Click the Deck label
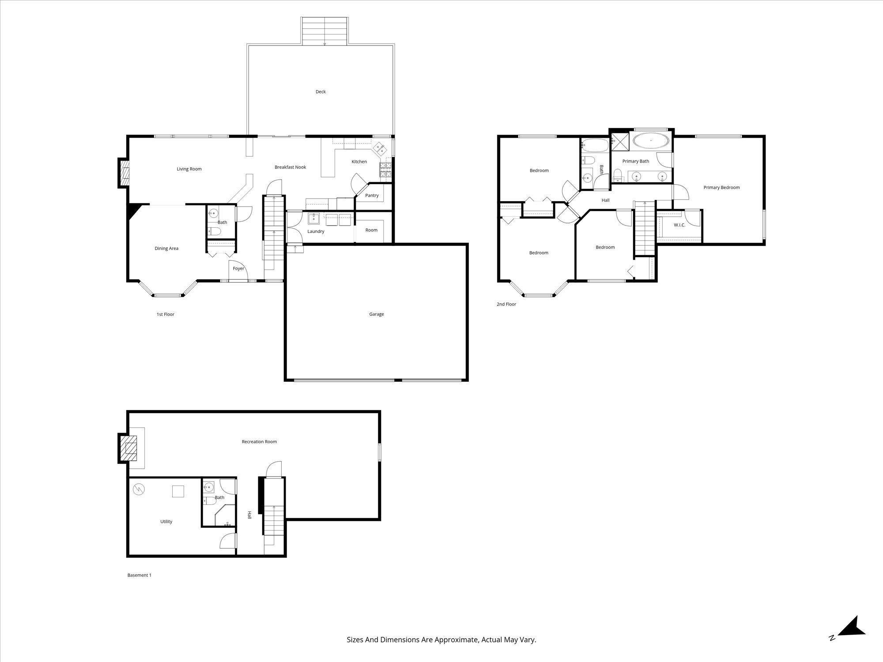pos(321,92)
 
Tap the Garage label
pos(377,314)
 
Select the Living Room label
pos(189,169)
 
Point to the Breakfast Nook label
pos(290,167)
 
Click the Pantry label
pos(372,196)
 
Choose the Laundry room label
pos(316,231)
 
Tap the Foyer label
pos(238,268)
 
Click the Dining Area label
pos(166,248)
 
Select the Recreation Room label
pos(259,442)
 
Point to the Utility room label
pos(166,522)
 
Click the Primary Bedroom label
pos(721,188)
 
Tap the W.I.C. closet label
pos(679,225)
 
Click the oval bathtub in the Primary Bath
pos(651,140)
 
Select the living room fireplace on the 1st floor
pos(124,173)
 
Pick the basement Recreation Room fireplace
pos(128,448)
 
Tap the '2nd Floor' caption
pos(506,304)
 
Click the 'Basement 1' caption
pos(139,575)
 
